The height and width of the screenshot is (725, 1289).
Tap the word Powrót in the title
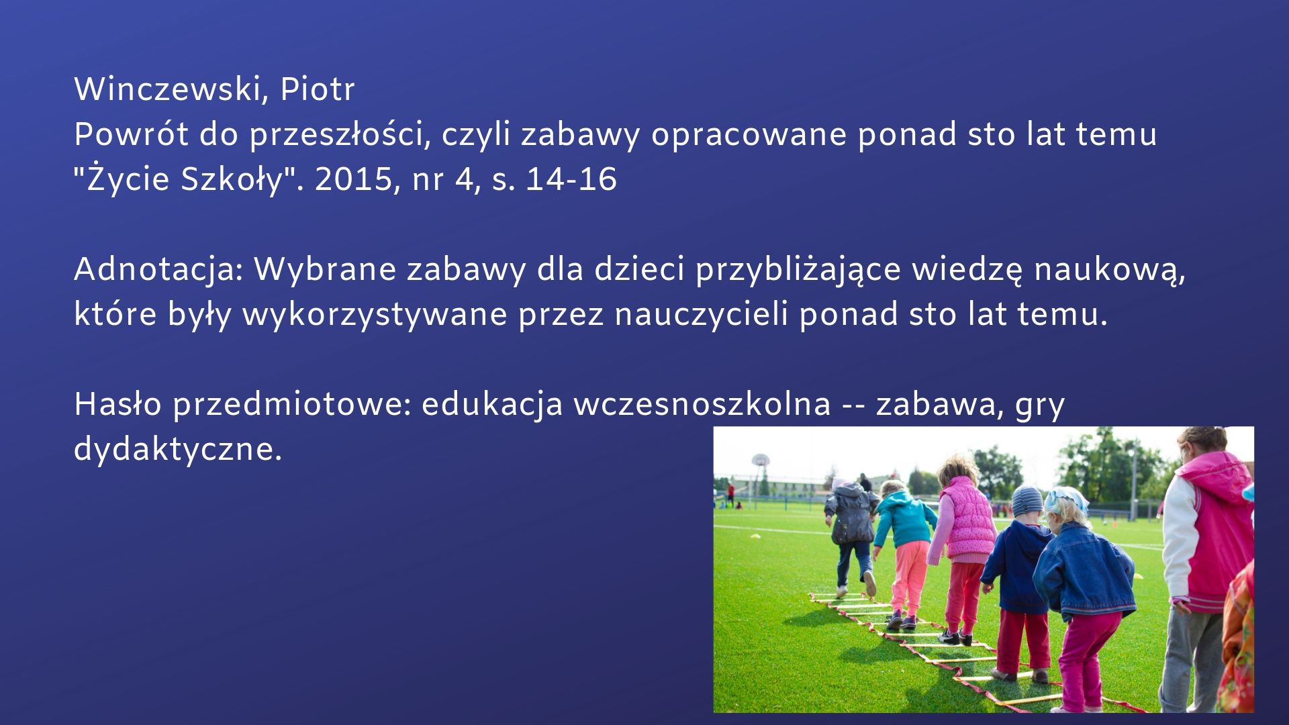pyautogui.click(x=131, y=134)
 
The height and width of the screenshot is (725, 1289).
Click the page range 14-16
pyautogui.click(x=571, y=179)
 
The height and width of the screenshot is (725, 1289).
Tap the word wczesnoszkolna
pyautogui.click(x=702, y=405)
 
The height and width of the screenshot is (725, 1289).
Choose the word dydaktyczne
pyautogui.click(x=178, y=450)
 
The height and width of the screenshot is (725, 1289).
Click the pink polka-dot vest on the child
pyautogui.click(x=967, y=518)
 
